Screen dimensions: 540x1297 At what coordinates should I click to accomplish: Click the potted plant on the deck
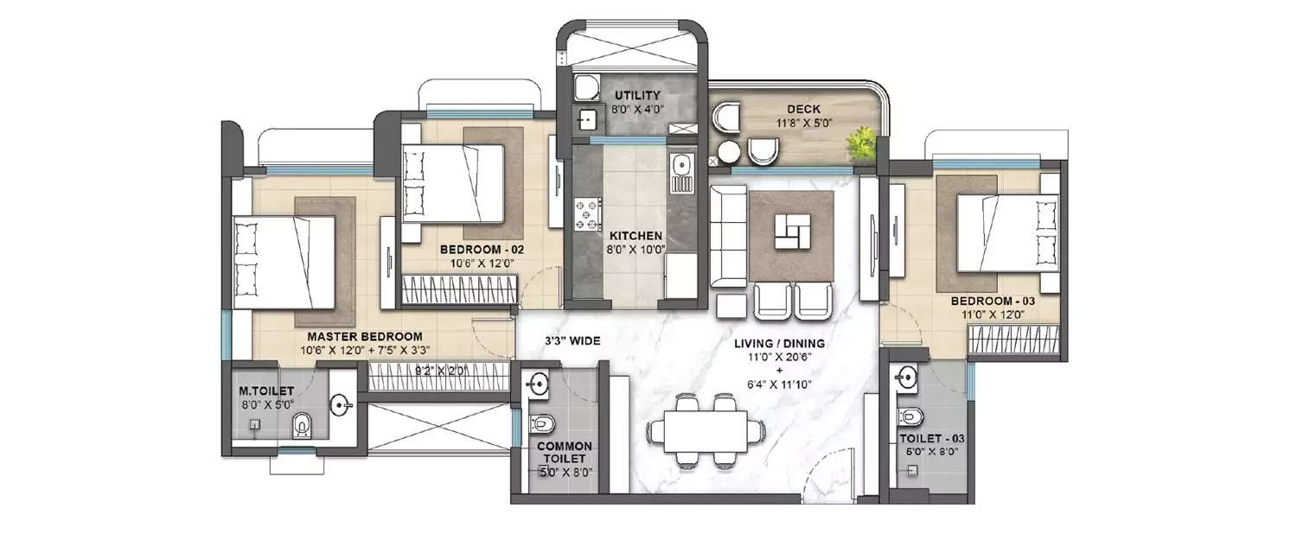click(x=861, y=144)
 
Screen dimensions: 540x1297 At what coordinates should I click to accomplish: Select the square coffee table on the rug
click(x=792, y=231)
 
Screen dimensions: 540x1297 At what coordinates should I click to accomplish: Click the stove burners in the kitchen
click(x=588, y=213)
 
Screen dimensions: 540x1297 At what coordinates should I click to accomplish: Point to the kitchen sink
click(x=681, y=164)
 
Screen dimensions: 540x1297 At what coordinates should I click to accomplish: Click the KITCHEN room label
click(x=636, y=236)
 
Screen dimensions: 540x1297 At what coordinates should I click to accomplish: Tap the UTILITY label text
click(x=637, y=95)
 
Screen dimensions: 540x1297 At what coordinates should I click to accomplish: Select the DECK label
click(x=803, y=110)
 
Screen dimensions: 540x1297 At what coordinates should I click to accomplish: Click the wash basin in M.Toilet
click(x=342, y=403)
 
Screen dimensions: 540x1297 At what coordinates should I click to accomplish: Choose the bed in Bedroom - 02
click(x=453, y=183)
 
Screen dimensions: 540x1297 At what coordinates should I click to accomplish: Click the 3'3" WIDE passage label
click(x=572, y=341)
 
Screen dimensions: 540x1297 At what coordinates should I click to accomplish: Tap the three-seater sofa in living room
click(x=728, y=236)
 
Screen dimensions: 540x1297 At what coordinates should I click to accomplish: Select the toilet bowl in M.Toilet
click(x=302, y=424)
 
